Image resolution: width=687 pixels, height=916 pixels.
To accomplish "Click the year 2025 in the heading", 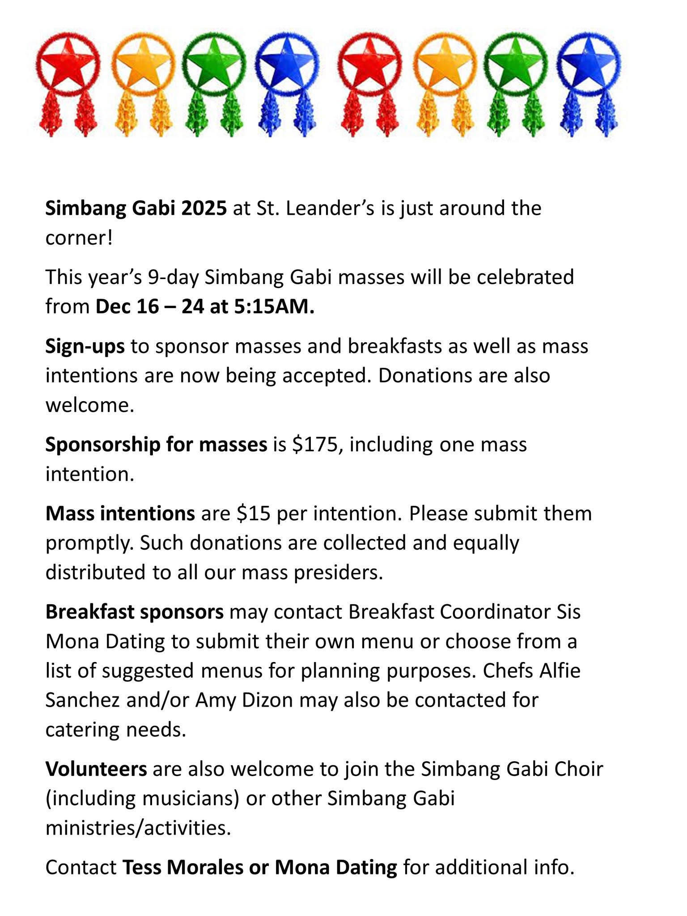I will point(204,208).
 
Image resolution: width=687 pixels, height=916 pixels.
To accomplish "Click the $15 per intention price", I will point(254,514).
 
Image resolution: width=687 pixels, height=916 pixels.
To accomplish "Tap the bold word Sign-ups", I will point(85,347).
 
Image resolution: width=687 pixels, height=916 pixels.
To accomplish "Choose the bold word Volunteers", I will point(96,769).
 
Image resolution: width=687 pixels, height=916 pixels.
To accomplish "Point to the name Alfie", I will point(560,671).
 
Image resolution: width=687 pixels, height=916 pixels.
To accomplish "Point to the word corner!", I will point(79,238).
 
